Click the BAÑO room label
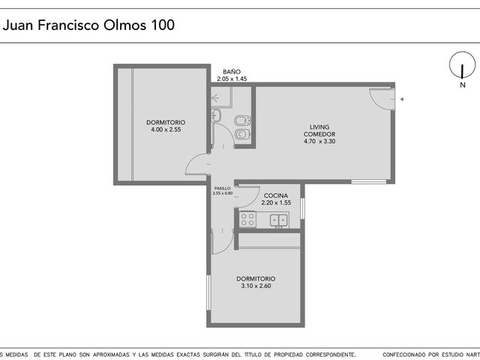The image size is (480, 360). coord(232,72)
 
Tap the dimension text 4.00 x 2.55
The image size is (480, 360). coord(166,130)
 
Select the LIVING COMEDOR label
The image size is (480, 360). coord(319,130)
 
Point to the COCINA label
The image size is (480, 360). coord(276,196)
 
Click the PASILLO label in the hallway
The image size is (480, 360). coord(223,188)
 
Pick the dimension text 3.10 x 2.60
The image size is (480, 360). coord(256,286)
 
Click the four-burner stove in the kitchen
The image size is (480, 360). coord(247,219)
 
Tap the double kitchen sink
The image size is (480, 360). coord(279,220)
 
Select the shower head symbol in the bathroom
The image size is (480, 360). coord(215,98)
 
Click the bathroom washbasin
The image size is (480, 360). coord(216,115)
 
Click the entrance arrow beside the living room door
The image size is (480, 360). coord(402,99)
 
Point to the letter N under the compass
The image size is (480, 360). coord(463,85)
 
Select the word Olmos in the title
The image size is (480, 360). coord(125,25)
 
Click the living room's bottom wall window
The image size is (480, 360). coord(368,181)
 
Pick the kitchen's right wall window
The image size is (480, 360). coord(302,208)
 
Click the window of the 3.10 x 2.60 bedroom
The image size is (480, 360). coord(208,292)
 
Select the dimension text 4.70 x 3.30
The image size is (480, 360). coord(319,142)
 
